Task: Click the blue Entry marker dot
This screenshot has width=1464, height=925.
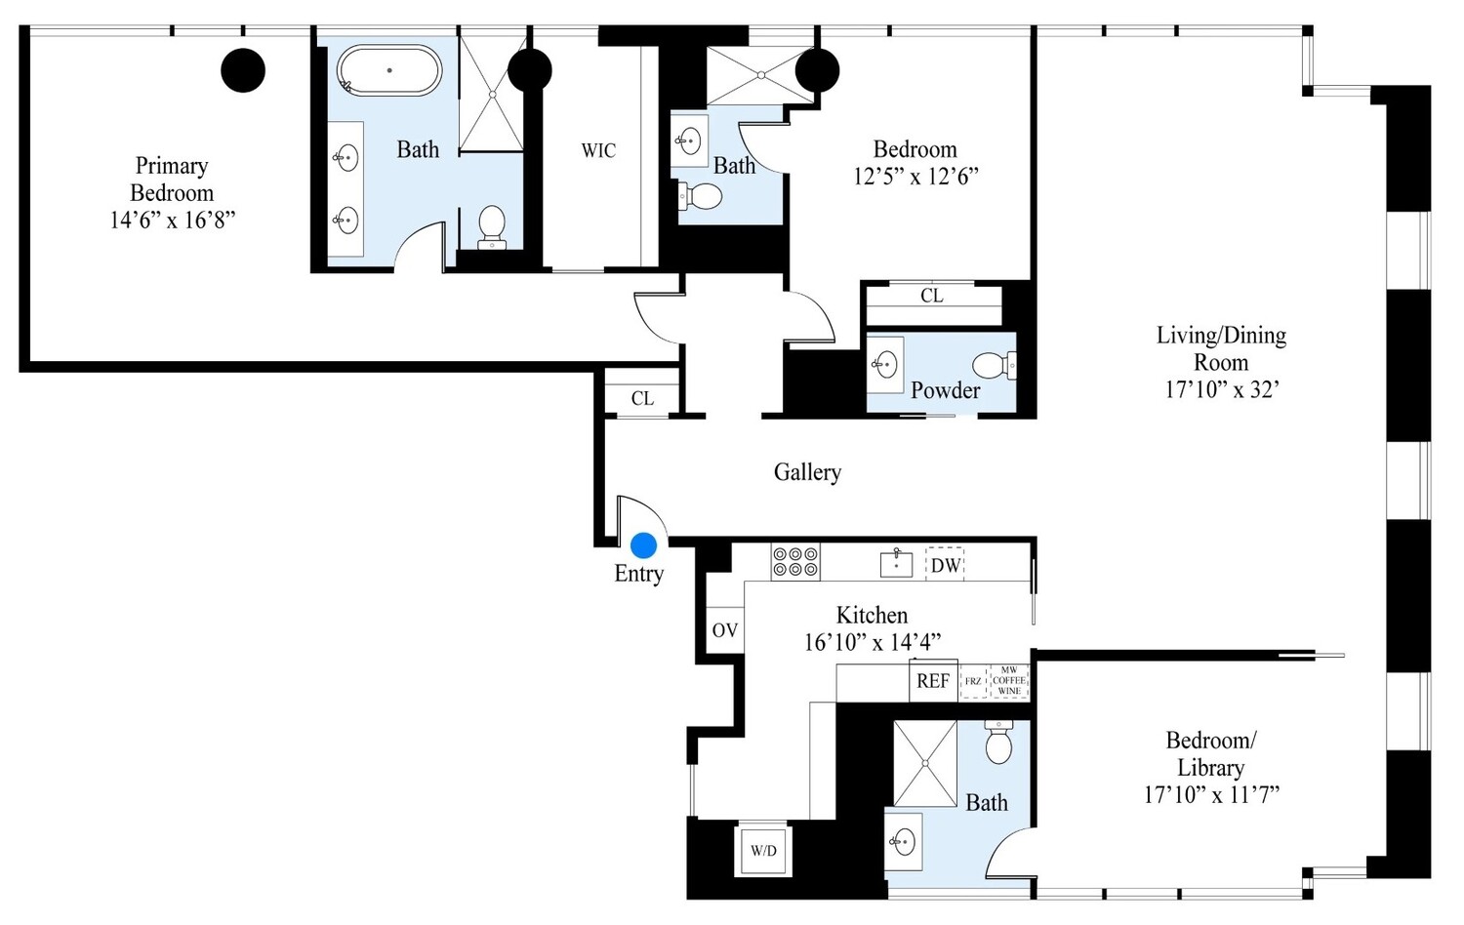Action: tap(643, 544)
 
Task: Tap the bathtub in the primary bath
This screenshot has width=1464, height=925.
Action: tap(389, 70)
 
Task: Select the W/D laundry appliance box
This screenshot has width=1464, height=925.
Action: tap(763, 850)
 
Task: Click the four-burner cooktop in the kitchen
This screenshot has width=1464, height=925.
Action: tap(795, 562)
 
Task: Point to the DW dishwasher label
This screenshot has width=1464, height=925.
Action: tap(945, 565)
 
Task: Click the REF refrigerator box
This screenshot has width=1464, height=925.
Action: tap(933, 681)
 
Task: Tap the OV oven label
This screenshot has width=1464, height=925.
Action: tap(724, 630)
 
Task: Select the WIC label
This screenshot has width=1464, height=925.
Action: tap(598, 150)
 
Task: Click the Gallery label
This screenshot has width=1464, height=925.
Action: tap(807, 472)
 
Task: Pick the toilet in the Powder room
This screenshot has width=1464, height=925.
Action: tap(995, 366)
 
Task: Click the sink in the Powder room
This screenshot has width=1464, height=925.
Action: tap(885, 365)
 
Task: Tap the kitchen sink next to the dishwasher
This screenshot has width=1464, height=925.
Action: tap(896, 563)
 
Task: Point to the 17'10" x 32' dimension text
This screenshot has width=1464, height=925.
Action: tap(1222, 389)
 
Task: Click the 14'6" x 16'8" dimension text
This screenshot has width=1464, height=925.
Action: tap(172, 220)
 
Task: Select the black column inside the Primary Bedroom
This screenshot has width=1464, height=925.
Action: tap(243, 70)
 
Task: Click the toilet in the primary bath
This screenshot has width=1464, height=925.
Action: tap(492, 225)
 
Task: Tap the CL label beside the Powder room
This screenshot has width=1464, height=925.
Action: tap(932, 295)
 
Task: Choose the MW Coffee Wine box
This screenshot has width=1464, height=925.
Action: tap(1009, 680)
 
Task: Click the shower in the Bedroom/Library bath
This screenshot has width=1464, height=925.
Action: tap(924, 763)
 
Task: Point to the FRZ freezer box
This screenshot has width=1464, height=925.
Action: tap(973, 681)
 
